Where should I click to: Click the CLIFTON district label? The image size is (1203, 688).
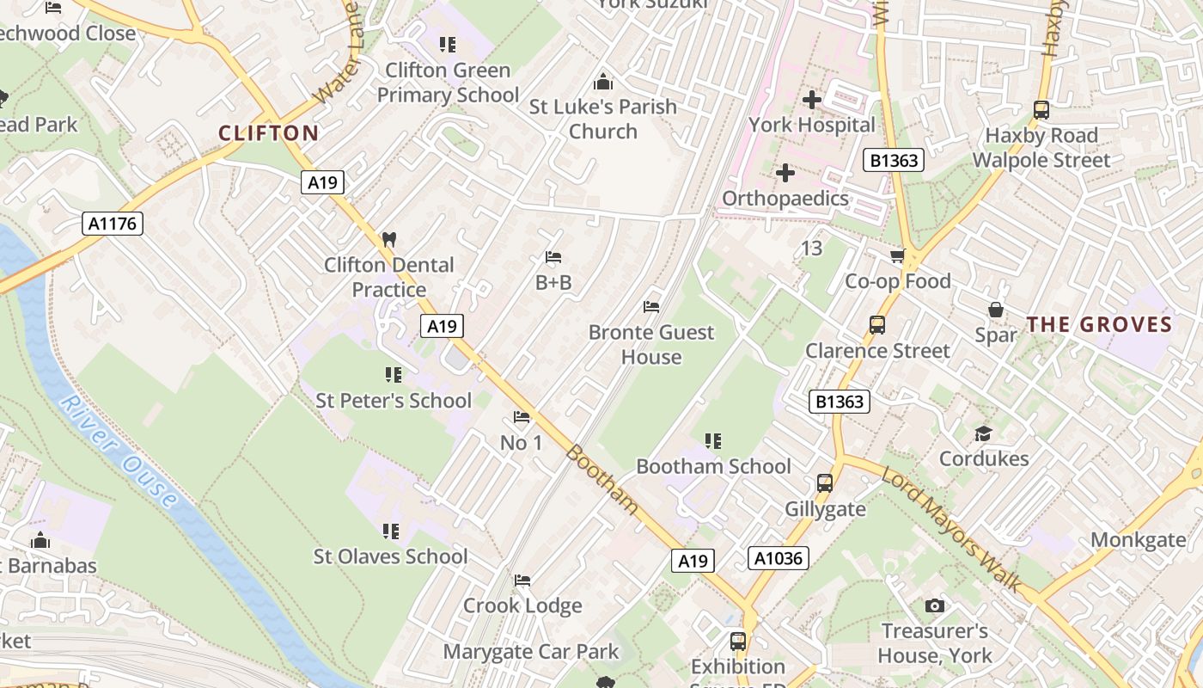point(268,133)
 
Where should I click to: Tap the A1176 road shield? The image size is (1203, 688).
point(113,224)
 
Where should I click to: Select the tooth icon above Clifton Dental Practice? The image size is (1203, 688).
point(388,239)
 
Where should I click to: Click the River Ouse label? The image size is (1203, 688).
point(120,451)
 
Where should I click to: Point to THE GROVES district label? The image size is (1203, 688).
point(1099,324)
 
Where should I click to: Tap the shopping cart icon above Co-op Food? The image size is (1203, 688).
point(897,256)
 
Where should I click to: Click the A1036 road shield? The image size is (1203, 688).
point(779,558)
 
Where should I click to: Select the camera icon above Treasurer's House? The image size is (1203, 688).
point(935,606)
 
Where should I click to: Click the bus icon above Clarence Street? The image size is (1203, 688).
point(876,325)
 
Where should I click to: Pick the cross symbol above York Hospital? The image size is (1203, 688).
point(811,100)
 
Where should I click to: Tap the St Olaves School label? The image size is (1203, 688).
point(391,556)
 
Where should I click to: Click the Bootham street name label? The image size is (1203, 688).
point(602,479)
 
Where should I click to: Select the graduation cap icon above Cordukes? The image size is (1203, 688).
point(983,433)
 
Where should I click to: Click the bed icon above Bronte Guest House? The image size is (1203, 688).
point(651,307)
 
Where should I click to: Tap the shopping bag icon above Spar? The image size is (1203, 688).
point(996,310)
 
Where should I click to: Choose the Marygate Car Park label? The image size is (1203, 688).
point(530,652)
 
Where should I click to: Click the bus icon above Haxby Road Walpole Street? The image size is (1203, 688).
point(1041,110)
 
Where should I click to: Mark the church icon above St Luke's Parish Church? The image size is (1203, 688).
point(602,82)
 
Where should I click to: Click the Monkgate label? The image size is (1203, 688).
point(1138,540)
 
